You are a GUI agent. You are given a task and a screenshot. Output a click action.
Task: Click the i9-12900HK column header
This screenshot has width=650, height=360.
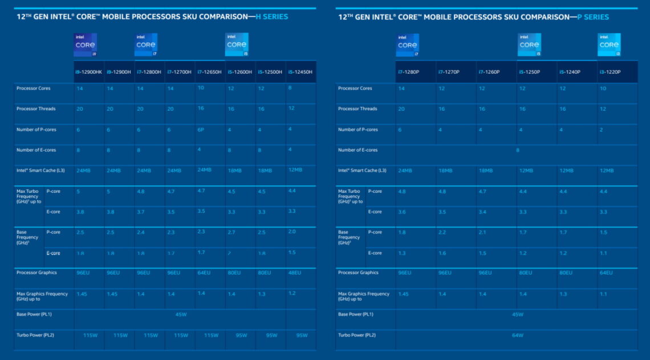(x=88, y=72)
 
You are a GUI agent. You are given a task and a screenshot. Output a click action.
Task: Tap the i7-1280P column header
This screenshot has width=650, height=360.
(x=408, y=72)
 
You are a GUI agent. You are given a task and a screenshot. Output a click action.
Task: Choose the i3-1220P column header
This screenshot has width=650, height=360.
(x=610, y=72)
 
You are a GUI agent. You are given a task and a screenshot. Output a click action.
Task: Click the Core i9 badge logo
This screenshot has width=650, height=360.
(x=86, y=45)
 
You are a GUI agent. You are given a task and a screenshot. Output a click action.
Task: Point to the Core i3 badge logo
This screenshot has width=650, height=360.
(x=609, y=45)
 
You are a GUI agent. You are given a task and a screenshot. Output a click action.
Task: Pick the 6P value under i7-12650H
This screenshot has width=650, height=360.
(x=201, y=130)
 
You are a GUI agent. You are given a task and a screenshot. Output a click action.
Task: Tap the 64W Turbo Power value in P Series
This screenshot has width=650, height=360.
(x=517, y=335)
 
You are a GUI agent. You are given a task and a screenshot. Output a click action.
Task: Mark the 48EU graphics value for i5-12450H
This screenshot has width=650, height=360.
(x=295, y=273)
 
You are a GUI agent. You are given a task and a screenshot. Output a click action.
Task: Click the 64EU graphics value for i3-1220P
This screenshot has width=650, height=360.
(x=606, y=273)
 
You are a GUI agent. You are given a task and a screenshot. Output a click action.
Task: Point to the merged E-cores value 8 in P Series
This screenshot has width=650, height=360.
(x=517, y=150)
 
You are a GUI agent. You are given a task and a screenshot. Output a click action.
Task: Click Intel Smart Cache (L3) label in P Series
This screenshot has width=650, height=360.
(x=362, y=171)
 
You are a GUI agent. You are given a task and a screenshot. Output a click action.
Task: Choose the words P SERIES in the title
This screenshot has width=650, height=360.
(x=593, y=17)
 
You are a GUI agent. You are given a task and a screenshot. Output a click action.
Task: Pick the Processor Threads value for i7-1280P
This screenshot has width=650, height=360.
(x=401, y=109)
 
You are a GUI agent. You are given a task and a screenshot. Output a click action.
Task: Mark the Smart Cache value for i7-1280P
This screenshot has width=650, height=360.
(x=405, y=171)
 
